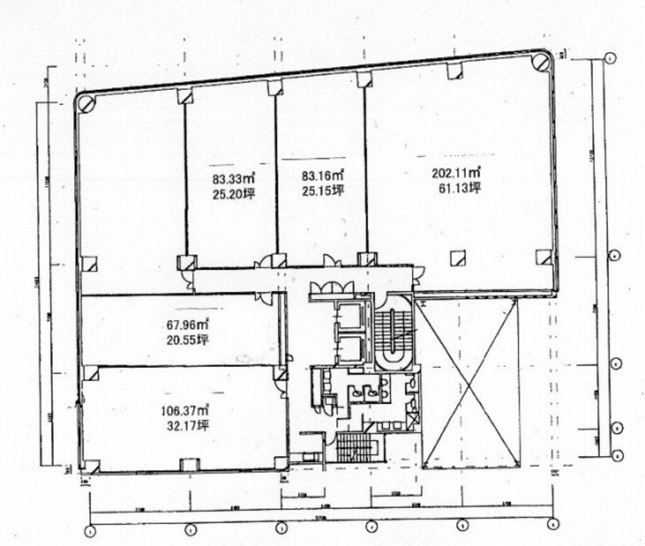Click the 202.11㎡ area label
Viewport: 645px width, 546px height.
click(456, 173)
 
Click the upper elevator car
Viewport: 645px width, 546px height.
click(349, 317)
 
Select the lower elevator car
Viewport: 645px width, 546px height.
click(349, 349)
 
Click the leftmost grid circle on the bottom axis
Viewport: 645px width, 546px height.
click(90, 531)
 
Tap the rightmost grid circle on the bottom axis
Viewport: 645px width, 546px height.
click(552, 524)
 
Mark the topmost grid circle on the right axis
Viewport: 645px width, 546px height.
click(611, 58)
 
